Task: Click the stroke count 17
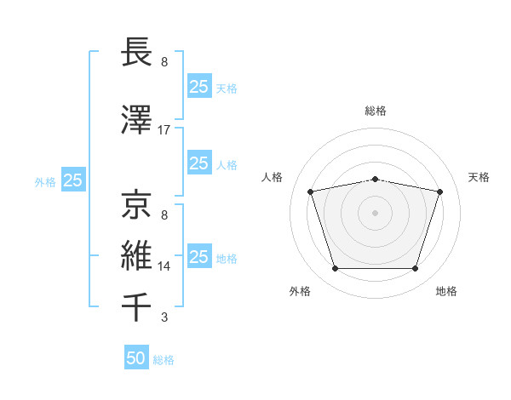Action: [x=164, y=130]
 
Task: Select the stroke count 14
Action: [x=164, y=266]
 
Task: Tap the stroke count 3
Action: [x=164, y=318]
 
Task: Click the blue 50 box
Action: [x=136, y=358]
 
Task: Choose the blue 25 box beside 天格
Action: [x=198, y=86]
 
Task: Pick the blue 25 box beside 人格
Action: [x=198, y=163]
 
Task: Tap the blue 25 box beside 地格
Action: [x=198, y=257]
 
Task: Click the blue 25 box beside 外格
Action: [x=73, y=180]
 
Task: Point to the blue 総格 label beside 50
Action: [x=164, y=360]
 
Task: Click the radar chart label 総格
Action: [x=376, y=111]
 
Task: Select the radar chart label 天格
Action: [x=479, y=177]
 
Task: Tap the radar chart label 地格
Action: [x=446, y=291]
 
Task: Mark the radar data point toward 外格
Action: [x=335, y=269]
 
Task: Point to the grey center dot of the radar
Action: [x=376, y=213]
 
